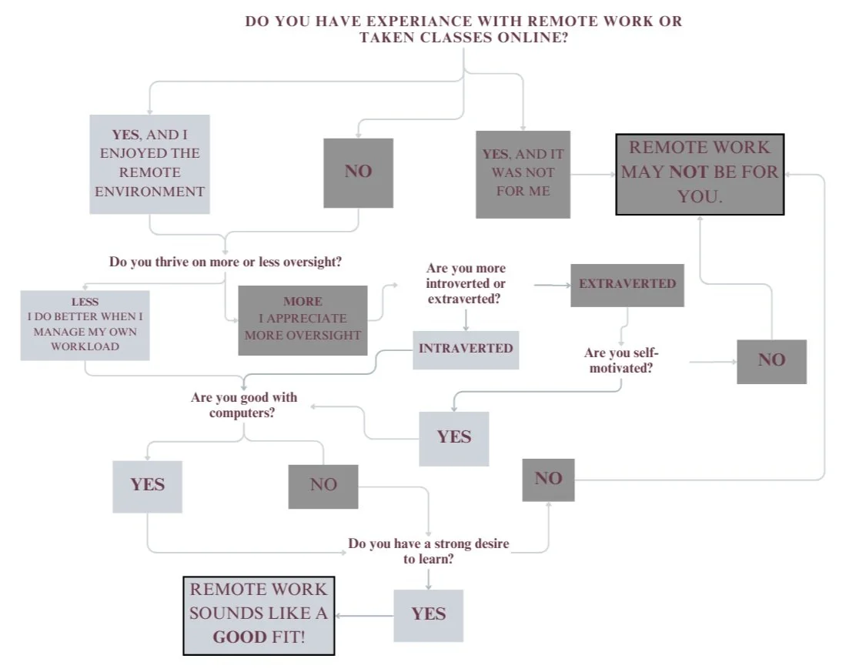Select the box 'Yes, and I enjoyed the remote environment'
tap(149, 163)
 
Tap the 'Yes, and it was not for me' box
tap(523, 174)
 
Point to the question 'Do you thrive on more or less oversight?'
tap(226, 262)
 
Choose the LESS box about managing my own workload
tap(85, 324)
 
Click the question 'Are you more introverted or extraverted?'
tap(466, 283)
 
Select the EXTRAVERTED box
tap(627, 284)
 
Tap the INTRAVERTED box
tap(466, 349)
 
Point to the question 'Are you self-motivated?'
tap(621, 360)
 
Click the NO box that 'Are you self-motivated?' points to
tap(771, 360)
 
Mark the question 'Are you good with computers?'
tap(243, 406)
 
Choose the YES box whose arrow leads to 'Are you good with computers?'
tap(453, 437)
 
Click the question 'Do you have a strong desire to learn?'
tap(428, 551)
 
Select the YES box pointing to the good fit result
tap(428, 614)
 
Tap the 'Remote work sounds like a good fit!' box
tap(259, 614)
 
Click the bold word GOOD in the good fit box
tap(240, 637)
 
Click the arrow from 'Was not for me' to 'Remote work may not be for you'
tap(593, 175)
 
